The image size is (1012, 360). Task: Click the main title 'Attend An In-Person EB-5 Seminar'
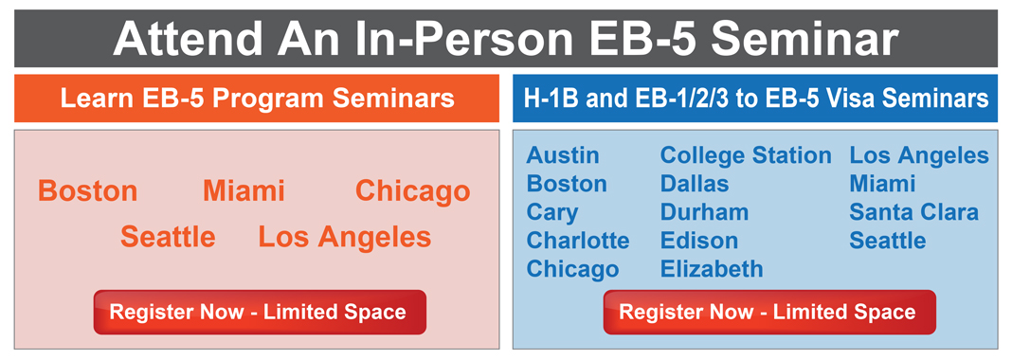tap(505, 39)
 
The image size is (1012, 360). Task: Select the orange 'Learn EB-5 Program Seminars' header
tap(257, 99)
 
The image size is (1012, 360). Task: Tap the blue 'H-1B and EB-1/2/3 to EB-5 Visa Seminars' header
tap(755, 99)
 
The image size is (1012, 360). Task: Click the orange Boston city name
tap(87, 191)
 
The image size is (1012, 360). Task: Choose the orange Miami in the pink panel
tap(244, 191)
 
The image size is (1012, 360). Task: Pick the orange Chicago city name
tap(412, 191)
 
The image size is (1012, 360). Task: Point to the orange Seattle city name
tap(168, 237)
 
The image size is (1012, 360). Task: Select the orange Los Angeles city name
tap(344, 237)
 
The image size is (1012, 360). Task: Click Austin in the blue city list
tap(563, 155)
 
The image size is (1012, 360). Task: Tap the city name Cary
tap(551, 212)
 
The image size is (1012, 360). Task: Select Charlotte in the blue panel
tap(578, 241)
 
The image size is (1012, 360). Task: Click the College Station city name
tap(746, 155)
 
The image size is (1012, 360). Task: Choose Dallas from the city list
tap(695, 184)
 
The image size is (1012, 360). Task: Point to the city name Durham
tap(704, 212)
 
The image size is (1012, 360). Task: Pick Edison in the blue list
tap(698, 241)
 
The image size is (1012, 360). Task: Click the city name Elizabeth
tap(712, 269)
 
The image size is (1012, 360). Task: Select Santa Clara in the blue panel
tap(913, 212)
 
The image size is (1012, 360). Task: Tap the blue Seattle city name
tap(887, 241)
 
